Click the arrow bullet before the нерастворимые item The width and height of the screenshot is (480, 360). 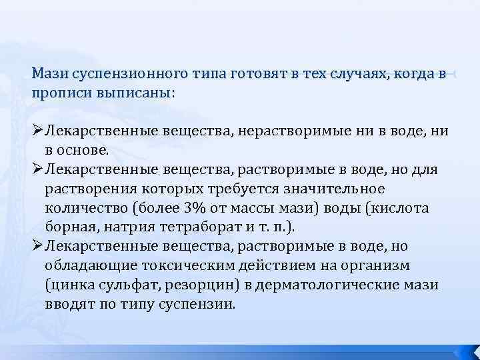point(37,131)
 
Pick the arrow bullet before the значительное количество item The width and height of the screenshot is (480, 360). point(37,169)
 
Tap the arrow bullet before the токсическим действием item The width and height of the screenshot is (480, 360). point(37,247)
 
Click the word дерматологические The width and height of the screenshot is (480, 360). point(339,285)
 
